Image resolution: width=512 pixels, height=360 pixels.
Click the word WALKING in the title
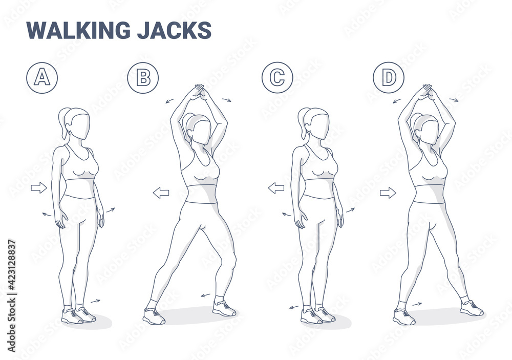(x=78, y=30)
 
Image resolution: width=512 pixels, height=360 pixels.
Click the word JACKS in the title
(x=174, y=30)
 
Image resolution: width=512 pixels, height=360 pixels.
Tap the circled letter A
(x=42, y=78)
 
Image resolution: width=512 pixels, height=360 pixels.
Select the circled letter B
(x=143, y=78)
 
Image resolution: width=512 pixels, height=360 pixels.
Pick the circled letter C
(x=277, y=78)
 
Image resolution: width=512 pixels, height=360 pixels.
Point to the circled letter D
(x=389, y=78)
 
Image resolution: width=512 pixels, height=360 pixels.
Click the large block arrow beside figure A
(x=39, y=187)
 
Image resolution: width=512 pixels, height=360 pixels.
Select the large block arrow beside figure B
(x=161, y=193)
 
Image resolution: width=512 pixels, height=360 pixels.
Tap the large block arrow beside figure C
(x=276, y=188)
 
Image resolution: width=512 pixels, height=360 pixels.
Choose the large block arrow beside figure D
(x=388, y=193)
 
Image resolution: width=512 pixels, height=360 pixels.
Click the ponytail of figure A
(x=63, y=121)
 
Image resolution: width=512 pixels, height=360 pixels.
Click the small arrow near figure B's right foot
(x=205, y=295)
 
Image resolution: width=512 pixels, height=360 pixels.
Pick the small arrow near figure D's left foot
(x=417, y=304)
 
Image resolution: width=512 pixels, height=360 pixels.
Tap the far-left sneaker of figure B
(x=154, y=316)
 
